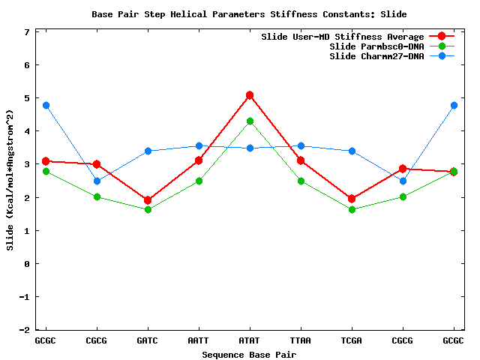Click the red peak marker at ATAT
click(250, 95)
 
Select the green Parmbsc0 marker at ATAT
click(250, 121)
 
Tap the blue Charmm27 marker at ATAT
click(250, 148)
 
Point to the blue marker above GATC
click(148, 151)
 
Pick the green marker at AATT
click(199, 181)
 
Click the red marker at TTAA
click(301, 160)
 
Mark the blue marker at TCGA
click(352, 151)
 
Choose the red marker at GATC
click(148, 200)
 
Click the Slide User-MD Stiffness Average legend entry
click(342, 37)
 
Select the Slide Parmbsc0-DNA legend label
click(376, 46)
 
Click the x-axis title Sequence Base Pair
click(250, 353)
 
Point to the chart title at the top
click(249, 14)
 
